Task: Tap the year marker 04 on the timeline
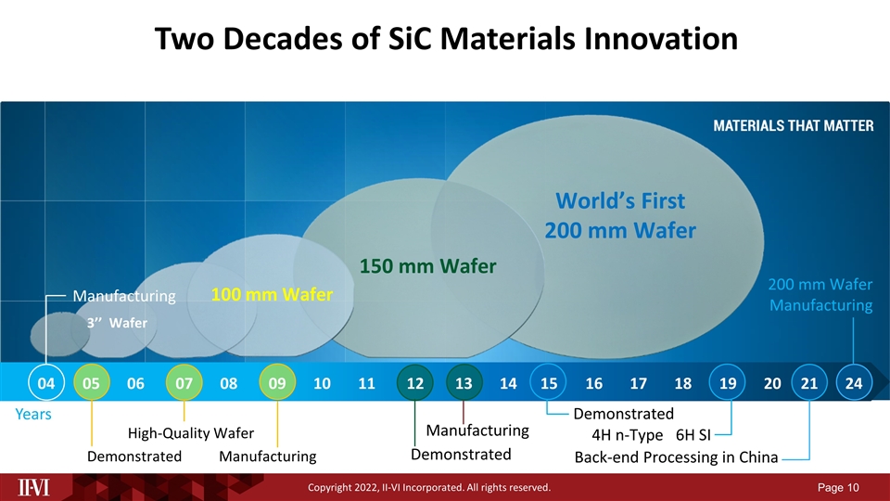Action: click(x=45, y=383)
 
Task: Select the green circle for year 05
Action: click(x=91, y=383)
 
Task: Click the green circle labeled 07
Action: click(x=184, y=383)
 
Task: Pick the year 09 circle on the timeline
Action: click(x=276, y=383)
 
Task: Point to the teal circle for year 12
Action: click(x=414, y=383)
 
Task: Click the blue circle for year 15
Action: click(x=548, y=383)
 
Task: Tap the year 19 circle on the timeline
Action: click(x=728, y=383)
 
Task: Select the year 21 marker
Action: click(x=809, y=383)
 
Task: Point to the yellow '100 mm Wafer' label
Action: click(x=272, y=295)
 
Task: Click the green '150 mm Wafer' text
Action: click(x=428, y=266)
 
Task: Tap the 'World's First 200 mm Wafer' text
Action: click(x=619, y=215)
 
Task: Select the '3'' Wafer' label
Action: click(x=116, y=323)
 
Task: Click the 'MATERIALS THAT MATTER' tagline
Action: click(x=792, y=127)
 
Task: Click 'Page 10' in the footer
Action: click(x=839, y=487)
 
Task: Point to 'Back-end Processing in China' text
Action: click(x=676, y=457)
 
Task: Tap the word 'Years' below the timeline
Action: click(x=32, y=415)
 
